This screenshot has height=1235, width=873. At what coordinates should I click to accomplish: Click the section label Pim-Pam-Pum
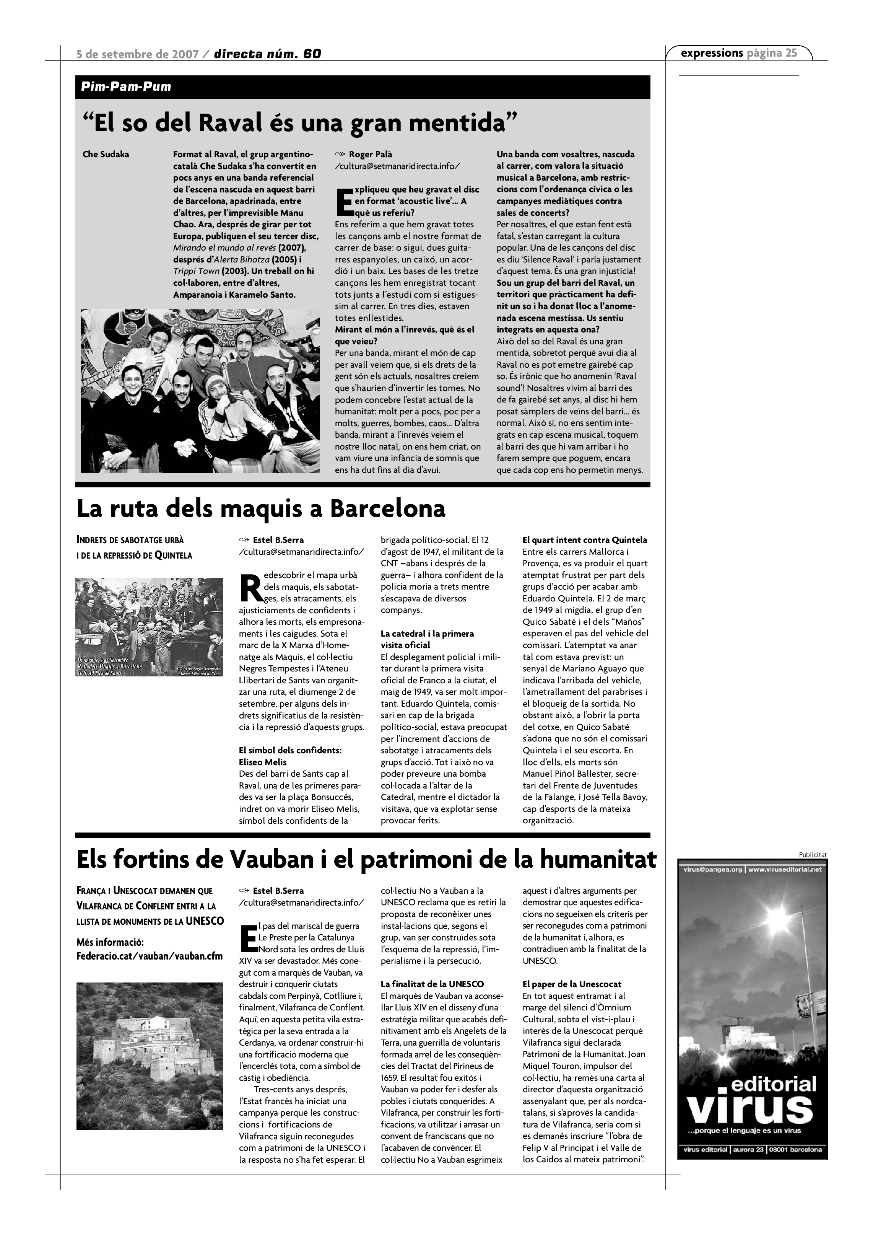pos(126,86)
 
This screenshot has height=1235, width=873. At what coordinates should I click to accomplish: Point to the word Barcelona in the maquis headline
pos(387,509)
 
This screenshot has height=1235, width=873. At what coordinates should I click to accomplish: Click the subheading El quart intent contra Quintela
pos(585,540)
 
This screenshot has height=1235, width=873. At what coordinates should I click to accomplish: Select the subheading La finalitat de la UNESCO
pos(432,984)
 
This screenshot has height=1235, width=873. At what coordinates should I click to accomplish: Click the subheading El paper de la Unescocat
pos(572,984)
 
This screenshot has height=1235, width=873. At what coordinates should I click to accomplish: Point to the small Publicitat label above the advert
pos(812,854)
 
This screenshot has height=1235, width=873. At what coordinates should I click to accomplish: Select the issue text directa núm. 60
pos(267,54)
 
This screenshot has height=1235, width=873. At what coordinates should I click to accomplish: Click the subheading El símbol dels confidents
pos(290,750)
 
